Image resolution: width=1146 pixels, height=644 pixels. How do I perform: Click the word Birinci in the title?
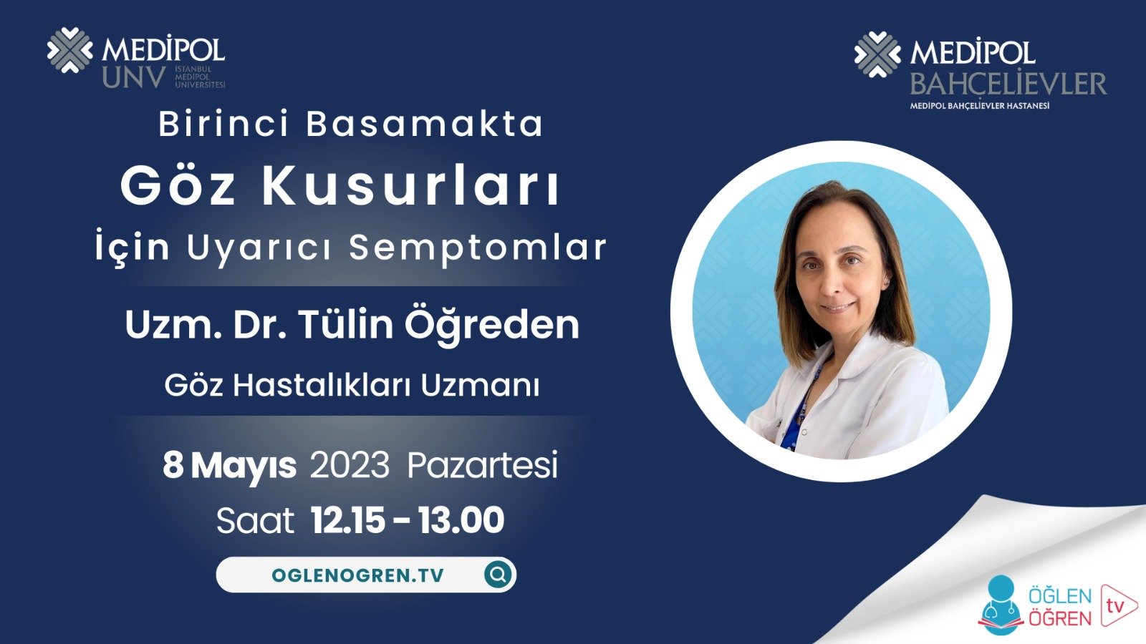(x=223, y=124)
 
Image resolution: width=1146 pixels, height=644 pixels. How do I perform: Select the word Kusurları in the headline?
(x=410, y=186)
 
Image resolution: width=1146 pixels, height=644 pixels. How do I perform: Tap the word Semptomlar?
(x=478, y=248)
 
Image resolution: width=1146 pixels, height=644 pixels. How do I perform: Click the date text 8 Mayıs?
(x=229, y=466)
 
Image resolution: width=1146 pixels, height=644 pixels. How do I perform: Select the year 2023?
(x=350, y=466)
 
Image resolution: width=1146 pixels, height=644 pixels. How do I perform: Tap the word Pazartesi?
(x=482, y=466)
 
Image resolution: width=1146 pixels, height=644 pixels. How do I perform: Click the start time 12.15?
(x=348, y=520)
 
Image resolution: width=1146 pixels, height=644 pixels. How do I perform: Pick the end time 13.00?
(x=461, y=520)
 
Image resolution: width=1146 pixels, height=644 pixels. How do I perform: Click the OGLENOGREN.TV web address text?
(x=357, y=575)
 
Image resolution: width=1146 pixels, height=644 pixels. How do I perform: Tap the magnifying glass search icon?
(x=498, y=574)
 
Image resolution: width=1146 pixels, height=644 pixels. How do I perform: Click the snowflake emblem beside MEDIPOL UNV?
(x=69, y=50)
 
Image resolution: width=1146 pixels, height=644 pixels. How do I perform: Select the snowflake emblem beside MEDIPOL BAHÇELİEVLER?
(x=877, y=54)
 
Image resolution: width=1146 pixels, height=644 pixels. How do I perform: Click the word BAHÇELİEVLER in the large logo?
(x=1008, y=84)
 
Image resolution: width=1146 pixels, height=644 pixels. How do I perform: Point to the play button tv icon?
(x=1117, y=605)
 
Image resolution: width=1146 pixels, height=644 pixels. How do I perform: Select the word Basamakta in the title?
(x=425, y=124)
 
